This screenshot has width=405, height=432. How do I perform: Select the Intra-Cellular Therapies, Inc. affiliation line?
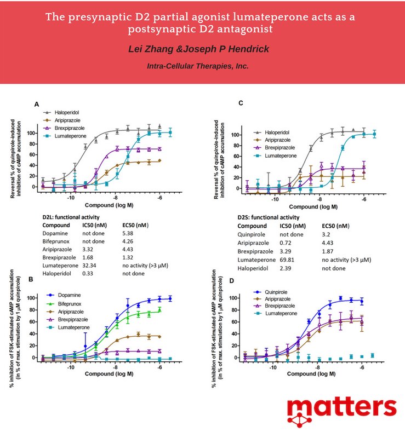pos(198,66)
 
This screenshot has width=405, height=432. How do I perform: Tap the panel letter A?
pos(36,103)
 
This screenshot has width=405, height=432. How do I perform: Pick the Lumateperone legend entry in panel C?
pos(282,155)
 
